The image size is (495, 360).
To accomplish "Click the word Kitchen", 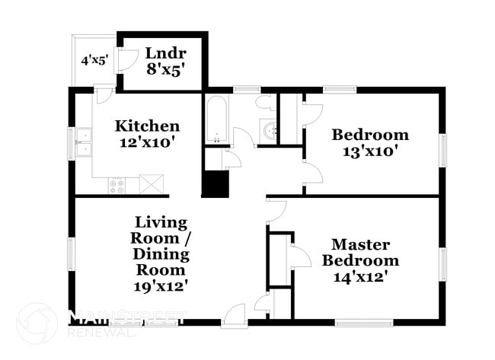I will [x=147, y=126].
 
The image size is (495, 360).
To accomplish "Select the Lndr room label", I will [x=161, y=54].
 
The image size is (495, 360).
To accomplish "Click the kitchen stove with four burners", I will [x=117, y=185].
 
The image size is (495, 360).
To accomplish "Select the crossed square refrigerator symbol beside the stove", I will [x=152, y=184].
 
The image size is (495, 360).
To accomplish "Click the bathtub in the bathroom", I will [x=216, y=119].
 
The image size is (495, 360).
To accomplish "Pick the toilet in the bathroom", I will [x=266, y=103].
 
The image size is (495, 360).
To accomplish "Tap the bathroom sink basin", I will [x=269, y=131].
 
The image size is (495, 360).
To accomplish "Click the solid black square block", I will [x=216, y=184].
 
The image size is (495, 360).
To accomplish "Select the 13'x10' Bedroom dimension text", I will [x=370, y=151].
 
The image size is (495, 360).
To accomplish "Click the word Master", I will [x=360, y=244].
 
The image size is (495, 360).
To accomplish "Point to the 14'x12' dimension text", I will [x=360, y=276].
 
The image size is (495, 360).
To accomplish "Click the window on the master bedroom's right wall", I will [x=441, y=260].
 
